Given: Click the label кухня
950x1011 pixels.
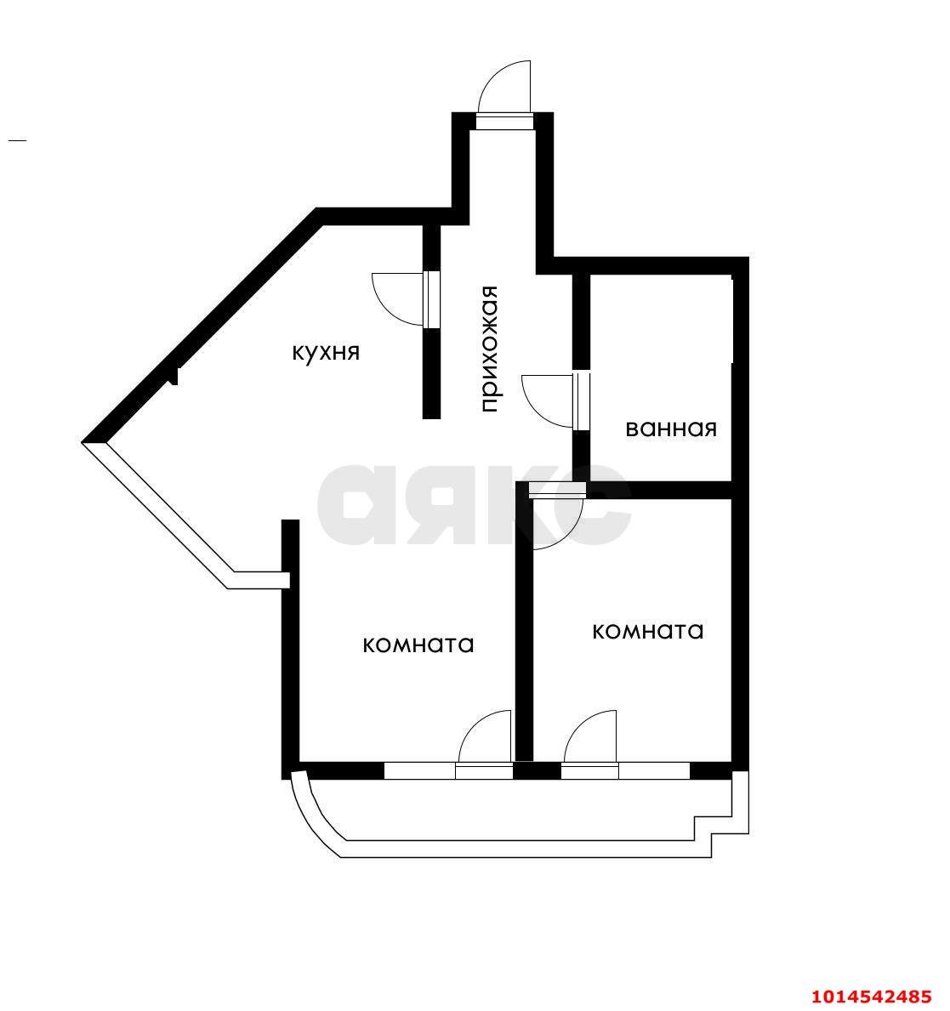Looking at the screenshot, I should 326,352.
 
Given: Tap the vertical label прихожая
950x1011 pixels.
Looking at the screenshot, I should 488,349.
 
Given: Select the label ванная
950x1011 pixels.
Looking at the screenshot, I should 671,429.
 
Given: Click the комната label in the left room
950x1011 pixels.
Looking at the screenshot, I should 418,645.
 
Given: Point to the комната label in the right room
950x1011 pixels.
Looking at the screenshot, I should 647,631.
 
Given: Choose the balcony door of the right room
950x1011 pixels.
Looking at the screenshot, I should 589,744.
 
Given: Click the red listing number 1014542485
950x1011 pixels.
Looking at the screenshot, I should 871,996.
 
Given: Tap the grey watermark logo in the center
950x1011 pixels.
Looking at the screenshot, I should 474,504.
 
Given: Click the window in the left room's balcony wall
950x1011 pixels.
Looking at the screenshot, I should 419,771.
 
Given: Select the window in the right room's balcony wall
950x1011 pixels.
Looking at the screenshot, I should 653,771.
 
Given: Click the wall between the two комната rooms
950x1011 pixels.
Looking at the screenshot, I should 524,629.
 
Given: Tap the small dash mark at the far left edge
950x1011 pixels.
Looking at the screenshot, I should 17,139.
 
